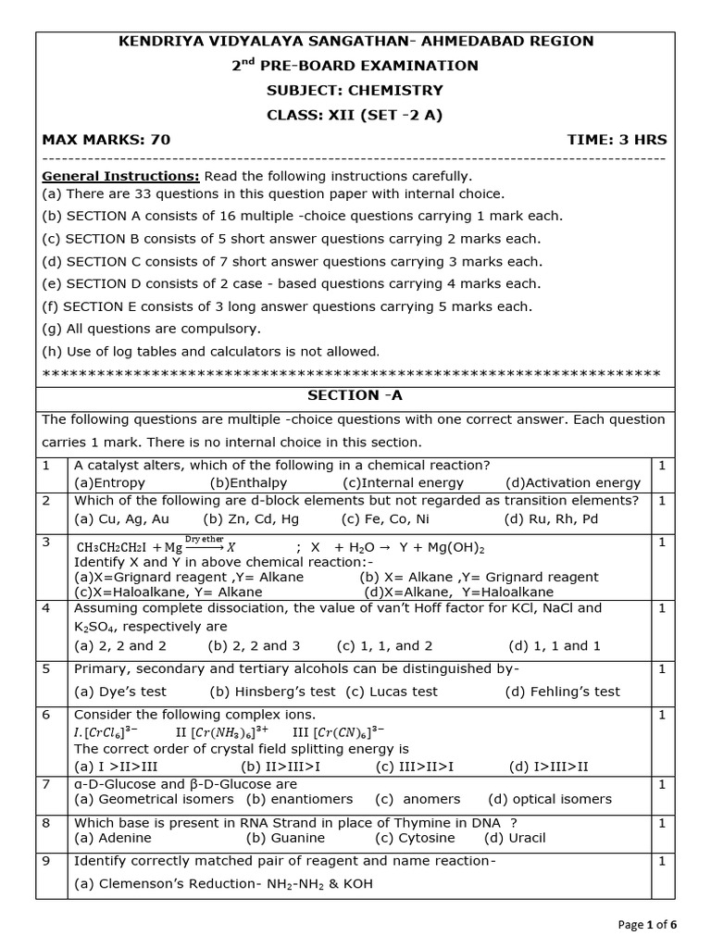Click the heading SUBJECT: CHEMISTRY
[355, 91]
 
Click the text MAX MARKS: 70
[106, 140]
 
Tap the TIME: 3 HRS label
[617, 140]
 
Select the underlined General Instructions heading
[120, 176]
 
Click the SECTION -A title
[355, 395]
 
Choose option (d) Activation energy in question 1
[572, 482]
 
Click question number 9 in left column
[45, 861]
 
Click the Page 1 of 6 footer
[646, 924]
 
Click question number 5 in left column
[45, 668]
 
